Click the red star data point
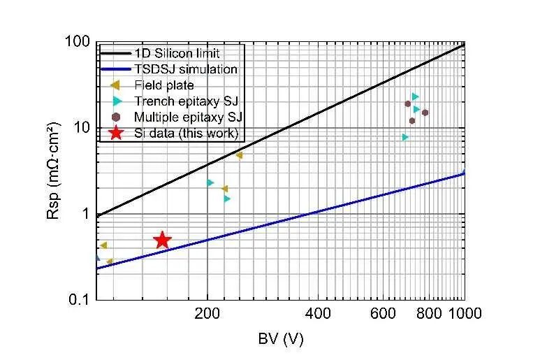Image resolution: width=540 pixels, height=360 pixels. coord(162,240)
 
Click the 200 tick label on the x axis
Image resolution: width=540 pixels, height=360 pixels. coord(207,314)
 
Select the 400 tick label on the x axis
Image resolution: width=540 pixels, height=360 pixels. coord(319,314)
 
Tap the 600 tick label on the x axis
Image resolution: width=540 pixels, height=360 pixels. coord(384,314)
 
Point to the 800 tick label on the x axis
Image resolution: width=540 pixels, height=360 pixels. coord(430,314)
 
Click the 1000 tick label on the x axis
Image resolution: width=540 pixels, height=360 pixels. coord(465,314)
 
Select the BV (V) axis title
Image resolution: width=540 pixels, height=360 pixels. coord(280,339)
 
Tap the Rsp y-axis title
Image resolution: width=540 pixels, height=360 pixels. coord(54,172)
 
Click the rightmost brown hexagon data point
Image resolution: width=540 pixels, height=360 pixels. coord(425,113)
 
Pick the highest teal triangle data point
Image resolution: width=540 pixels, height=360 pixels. coord(415,96)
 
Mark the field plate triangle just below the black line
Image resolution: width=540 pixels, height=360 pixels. coord(239,155)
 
